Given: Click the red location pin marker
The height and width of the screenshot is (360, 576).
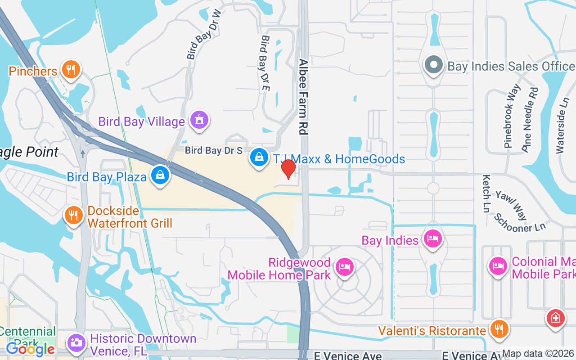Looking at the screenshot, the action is [x=288, y=169].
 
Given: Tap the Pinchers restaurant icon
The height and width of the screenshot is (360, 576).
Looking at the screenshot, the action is [x=70, y=70].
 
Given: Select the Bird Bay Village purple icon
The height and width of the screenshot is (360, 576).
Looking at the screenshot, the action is [x=199, y=120].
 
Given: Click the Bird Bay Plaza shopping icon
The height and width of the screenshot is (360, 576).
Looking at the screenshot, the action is [x=160, y=175].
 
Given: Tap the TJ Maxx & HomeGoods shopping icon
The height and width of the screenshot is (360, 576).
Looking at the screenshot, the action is [x=259, y=158].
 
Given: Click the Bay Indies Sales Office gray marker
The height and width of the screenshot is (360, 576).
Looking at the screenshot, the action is [x=433, y=65].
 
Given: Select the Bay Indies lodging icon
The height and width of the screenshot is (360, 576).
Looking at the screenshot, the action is [x=432, y=239].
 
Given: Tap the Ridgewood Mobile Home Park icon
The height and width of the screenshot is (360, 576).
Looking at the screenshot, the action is [x=345, y=267].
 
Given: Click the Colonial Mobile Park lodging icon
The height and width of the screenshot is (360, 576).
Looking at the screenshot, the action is [x=498, y=266].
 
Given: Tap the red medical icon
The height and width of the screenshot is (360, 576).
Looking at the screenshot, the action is [x=556, y=319].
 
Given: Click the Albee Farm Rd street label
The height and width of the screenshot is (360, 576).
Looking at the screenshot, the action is [x=303, y=97].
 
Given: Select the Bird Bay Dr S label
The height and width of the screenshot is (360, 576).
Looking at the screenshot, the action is [x=214, y=151].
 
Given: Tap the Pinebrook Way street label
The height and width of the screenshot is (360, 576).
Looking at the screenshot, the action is [x=512, y=116].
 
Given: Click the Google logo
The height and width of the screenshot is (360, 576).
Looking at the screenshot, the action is [x=30, y=349].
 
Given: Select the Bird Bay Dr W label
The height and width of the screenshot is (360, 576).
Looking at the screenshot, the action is [x=205, y=34].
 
